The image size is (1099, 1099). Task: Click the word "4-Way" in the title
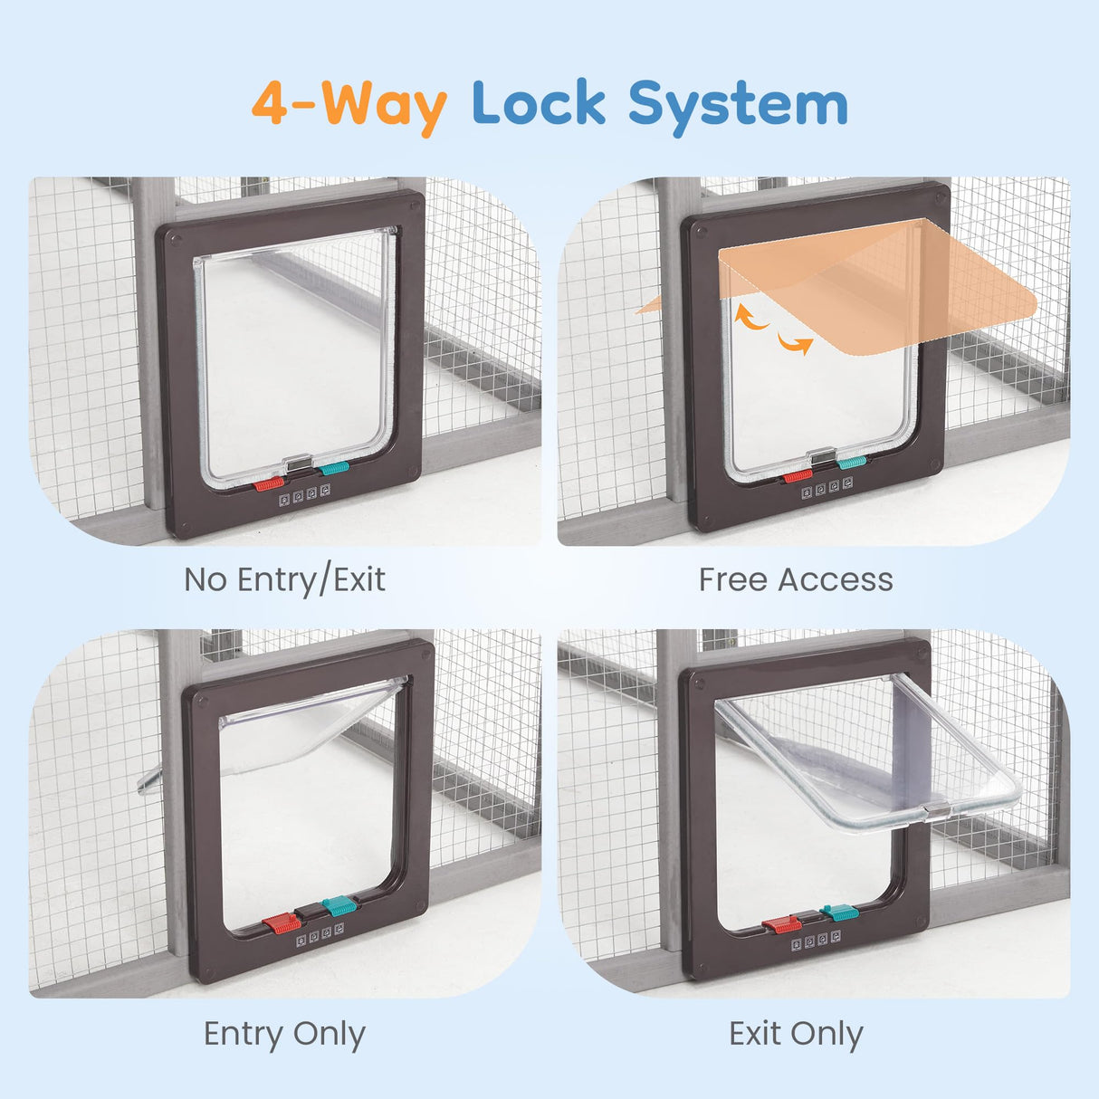tap(349, 107)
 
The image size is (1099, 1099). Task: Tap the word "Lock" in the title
tap(539, 102)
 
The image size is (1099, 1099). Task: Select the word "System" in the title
tap(738, 107)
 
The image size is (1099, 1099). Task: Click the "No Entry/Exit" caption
tap(284, 580)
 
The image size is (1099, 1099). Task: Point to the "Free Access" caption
tap(796, 579)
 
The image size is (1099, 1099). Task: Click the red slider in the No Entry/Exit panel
tap(269, 484)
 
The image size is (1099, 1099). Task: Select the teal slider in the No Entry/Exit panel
tap(334, 468)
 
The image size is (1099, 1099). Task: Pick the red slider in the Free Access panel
tap(798, 476)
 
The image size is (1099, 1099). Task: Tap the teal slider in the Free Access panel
tap(852, 462)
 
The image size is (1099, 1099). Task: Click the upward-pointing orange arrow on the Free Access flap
tap(750, 317)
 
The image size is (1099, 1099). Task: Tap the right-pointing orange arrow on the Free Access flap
tap(796, 344)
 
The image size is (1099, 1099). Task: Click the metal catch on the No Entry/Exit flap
tap(298, 463)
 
